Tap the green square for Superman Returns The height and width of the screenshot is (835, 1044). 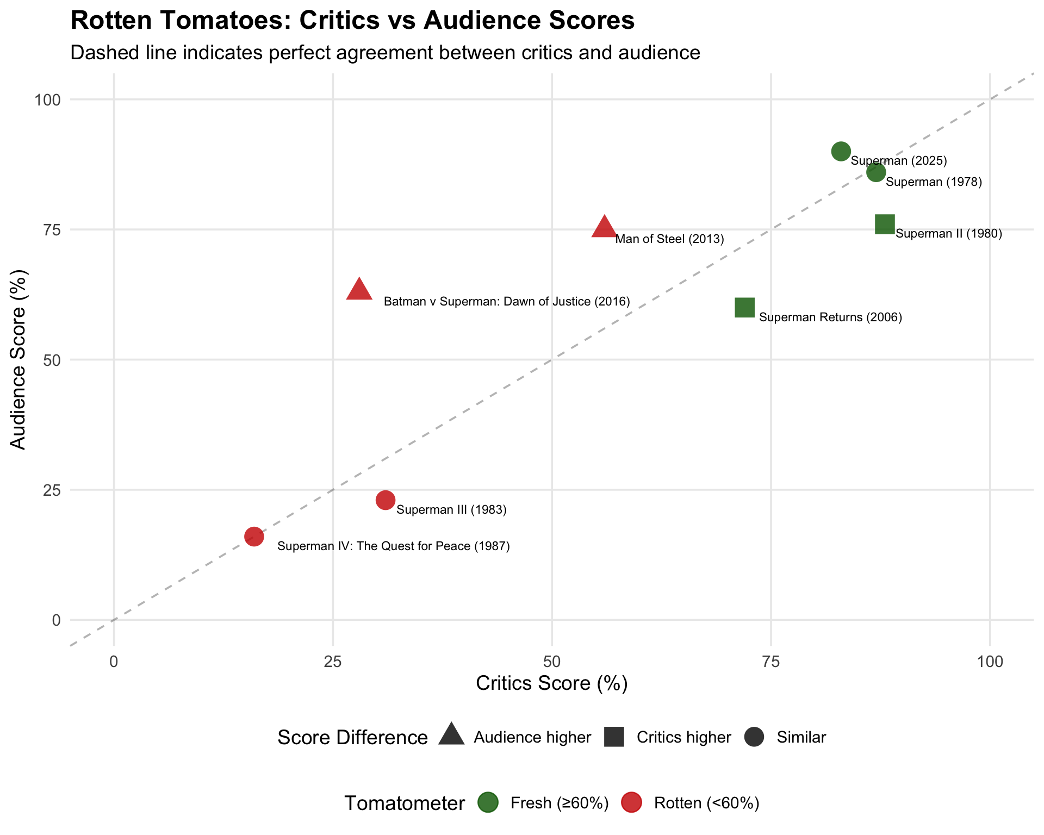pyautogui.click(x=744, y=308)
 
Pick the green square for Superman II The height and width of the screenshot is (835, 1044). pyautogui.click(x=885, y=224)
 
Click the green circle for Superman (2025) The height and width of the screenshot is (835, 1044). pyautogui.click(x=841, y=152)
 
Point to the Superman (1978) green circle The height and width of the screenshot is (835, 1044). pyautogui.click(x=876, y=173)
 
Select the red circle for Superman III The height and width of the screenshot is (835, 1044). pyautogui.click(x=386, y=500)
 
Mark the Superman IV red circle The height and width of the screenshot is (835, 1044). pyautogui.click(x=254, y=537)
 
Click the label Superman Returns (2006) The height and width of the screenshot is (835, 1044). pyautogui.click(x=830, y=317)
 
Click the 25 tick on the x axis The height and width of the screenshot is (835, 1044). pyautogui.click(x=333, y=662)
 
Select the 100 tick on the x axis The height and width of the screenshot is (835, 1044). pyautogui.click(x=990, y=662)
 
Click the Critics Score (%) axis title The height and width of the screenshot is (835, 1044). pyautogui.click(x=552, y=684)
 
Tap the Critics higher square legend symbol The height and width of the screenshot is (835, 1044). pyautogui.click(x=614, y=737)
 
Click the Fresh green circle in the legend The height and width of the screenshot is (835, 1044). pyautogui.click(x=488, y=803)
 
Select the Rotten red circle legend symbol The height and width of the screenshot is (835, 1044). pyautogui.click(x=631, y=803)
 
